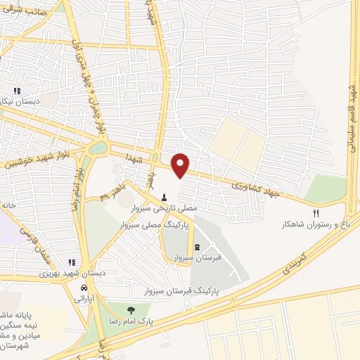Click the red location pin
point(181,165)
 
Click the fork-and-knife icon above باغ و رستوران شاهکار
point(316,213)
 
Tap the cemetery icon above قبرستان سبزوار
point(197,246)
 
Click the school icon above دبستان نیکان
point(17,91)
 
